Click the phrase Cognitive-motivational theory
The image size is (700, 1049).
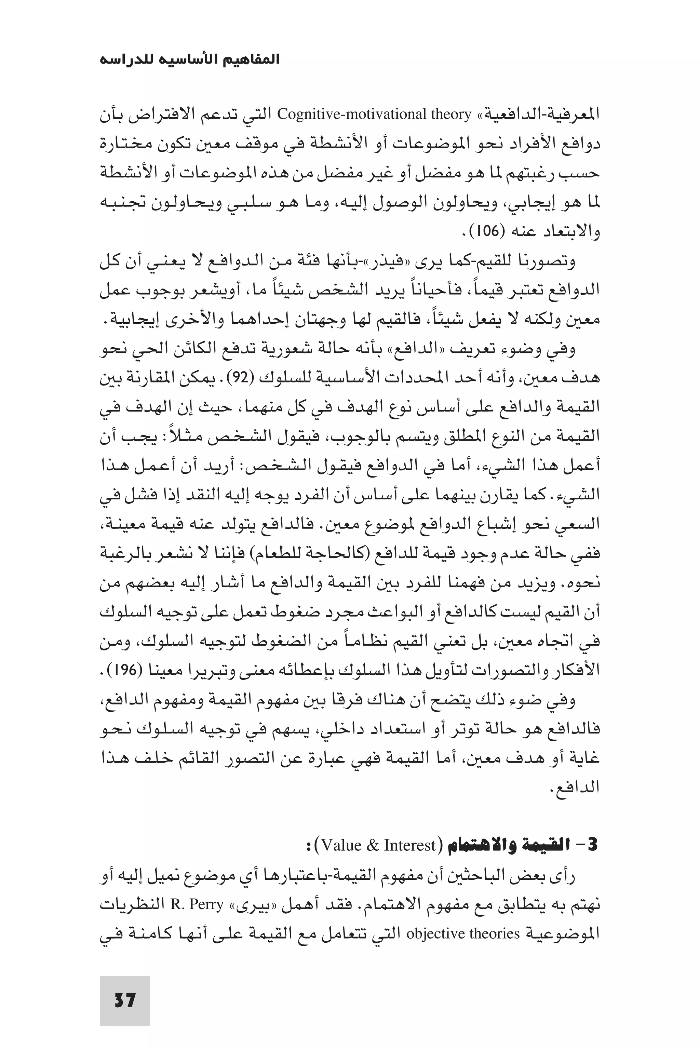pos(374,115)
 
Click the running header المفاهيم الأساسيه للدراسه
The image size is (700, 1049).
pos(190,59)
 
